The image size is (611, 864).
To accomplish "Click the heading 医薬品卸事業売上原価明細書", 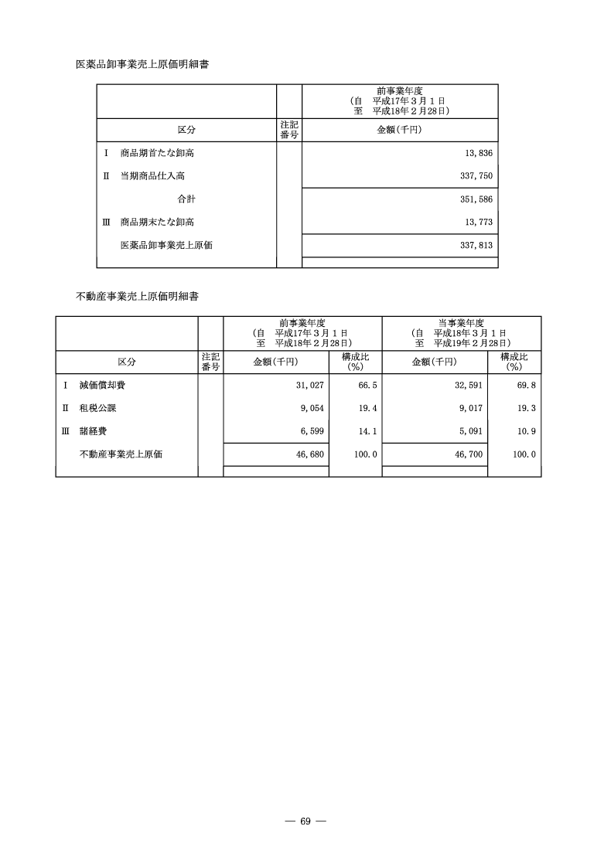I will pyautogui.click(x=142, y=64).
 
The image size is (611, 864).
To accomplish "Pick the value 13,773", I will pyautogui.click(x=476, y=223).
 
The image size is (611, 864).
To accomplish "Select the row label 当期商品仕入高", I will pyautogui.click(x=152, y=176).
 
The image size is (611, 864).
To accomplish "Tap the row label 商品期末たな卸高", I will pyautogui.click(x=157, y=223).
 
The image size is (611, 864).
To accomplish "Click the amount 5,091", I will pyautogui.click(x=470, y=431).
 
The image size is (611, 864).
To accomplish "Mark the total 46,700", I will pyautogui.click(x=467, y=454).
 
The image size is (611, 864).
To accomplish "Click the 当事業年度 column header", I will pyautogui.click(x=462, y=322).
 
